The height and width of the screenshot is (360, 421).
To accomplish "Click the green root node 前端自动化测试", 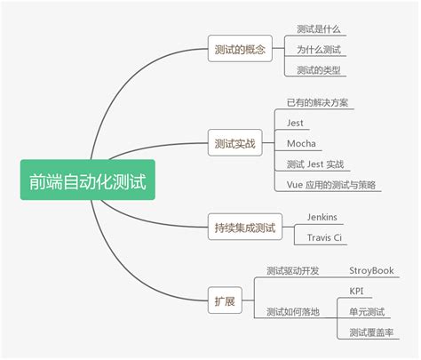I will pos(87,180).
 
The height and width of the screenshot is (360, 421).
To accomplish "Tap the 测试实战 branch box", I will pos(234,142).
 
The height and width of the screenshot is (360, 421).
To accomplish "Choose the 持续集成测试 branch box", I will pos(245,228).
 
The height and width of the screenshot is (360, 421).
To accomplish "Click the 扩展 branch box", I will pos(226,301).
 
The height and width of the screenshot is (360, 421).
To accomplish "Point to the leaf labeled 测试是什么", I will pos(318,29).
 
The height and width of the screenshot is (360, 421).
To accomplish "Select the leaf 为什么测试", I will pos(319,50).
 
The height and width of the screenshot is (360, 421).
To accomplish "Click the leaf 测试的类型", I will pos(319,70).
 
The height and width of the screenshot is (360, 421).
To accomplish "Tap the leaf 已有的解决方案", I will pos(316,102).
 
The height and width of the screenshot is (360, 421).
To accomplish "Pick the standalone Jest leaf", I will pos(296,123).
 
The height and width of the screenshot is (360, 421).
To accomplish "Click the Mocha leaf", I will pos(301,143).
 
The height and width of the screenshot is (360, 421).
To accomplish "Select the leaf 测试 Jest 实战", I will pos(315,164).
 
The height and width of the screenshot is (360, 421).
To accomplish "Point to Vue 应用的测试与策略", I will pos(330,185).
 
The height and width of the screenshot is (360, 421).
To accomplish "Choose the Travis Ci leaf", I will pos(325,238).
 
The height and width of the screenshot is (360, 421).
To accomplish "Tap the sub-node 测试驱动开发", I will pos(292,271).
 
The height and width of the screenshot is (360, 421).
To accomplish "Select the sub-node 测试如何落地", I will pos(292,311).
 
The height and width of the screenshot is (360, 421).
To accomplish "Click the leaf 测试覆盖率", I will pos(372,332).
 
